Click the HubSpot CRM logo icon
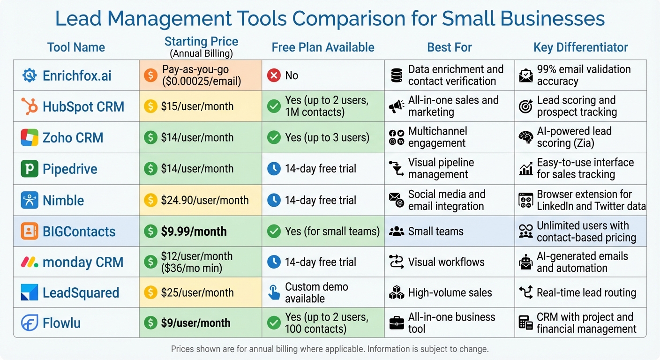point(29,106)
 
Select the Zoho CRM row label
point(73,138)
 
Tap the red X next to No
point(274,75)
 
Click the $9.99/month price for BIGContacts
point(194,231)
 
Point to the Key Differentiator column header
point(580,47)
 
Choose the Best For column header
point(449,47)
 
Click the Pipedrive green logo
point(29,169)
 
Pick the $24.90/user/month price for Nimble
point(204,200)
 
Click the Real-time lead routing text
point(586,292)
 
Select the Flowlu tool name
point(61,323)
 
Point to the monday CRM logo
point(29,262)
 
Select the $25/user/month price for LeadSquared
point(197,292)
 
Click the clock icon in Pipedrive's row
point(274,169)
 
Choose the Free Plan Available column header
point(323,47)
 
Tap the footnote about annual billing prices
point(330,349)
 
